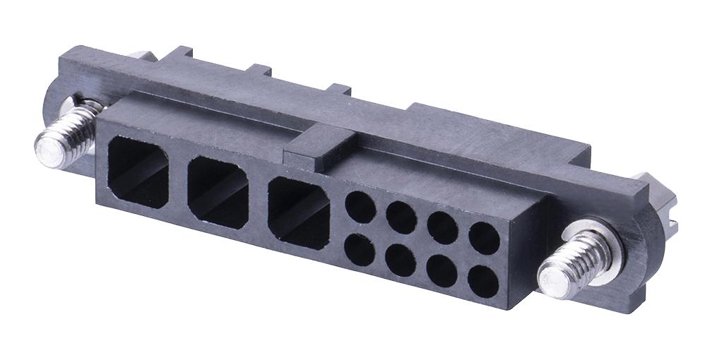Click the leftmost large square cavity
(138, 172)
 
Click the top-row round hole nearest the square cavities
(360, 208)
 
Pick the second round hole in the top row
(402, 217)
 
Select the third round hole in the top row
(443, 227)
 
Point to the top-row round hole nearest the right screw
(485, 238)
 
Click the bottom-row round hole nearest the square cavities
(360, 249)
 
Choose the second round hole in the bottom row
(401, 260)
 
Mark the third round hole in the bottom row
(442, 271)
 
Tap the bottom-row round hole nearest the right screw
(483, 282)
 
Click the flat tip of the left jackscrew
(48, 151)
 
